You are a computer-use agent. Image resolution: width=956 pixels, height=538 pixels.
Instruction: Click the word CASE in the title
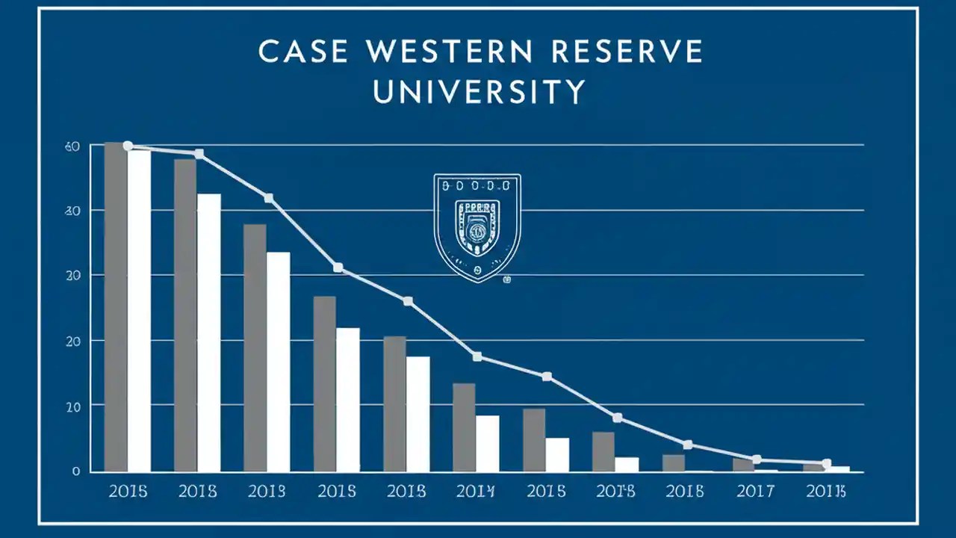tap(302, 52)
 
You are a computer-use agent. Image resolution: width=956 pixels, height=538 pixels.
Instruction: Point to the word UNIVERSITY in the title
tap(479, 91)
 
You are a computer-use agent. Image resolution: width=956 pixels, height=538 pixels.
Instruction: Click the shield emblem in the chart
tap(477, 228)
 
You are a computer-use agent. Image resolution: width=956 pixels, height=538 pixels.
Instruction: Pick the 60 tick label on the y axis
tap(72, 146)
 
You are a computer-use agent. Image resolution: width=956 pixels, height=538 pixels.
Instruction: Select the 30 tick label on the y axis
tap(72, 211)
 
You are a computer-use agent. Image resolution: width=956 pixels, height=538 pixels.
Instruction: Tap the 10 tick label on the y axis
tap(72, 406)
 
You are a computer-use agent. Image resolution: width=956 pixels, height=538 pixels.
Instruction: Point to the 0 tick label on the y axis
tap(76, 471)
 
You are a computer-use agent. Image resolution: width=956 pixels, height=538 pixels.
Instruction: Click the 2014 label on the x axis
tap(475, 492)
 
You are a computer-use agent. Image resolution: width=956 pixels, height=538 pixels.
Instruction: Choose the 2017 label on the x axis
tap(754, 492)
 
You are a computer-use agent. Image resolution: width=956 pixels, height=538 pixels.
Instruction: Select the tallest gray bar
tap(116, 306)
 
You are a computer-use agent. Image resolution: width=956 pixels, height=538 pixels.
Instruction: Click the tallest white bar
tap(139, 310)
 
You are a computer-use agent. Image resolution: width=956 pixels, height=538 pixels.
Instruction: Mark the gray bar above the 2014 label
tap(464, 427)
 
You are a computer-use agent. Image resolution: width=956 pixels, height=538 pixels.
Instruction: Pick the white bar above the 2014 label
tap(488, 444)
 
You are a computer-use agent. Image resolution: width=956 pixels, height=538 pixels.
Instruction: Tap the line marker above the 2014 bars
tap(477, 357)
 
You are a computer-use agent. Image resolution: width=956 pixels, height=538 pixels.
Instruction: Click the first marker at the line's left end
tap(128, 146)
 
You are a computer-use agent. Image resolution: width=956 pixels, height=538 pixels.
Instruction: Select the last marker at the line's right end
tap(826, 463)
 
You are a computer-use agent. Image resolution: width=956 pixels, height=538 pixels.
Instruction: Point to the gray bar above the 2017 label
tap(742, 465)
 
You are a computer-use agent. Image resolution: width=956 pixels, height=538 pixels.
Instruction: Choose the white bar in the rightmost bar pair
tap(838, 469)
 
